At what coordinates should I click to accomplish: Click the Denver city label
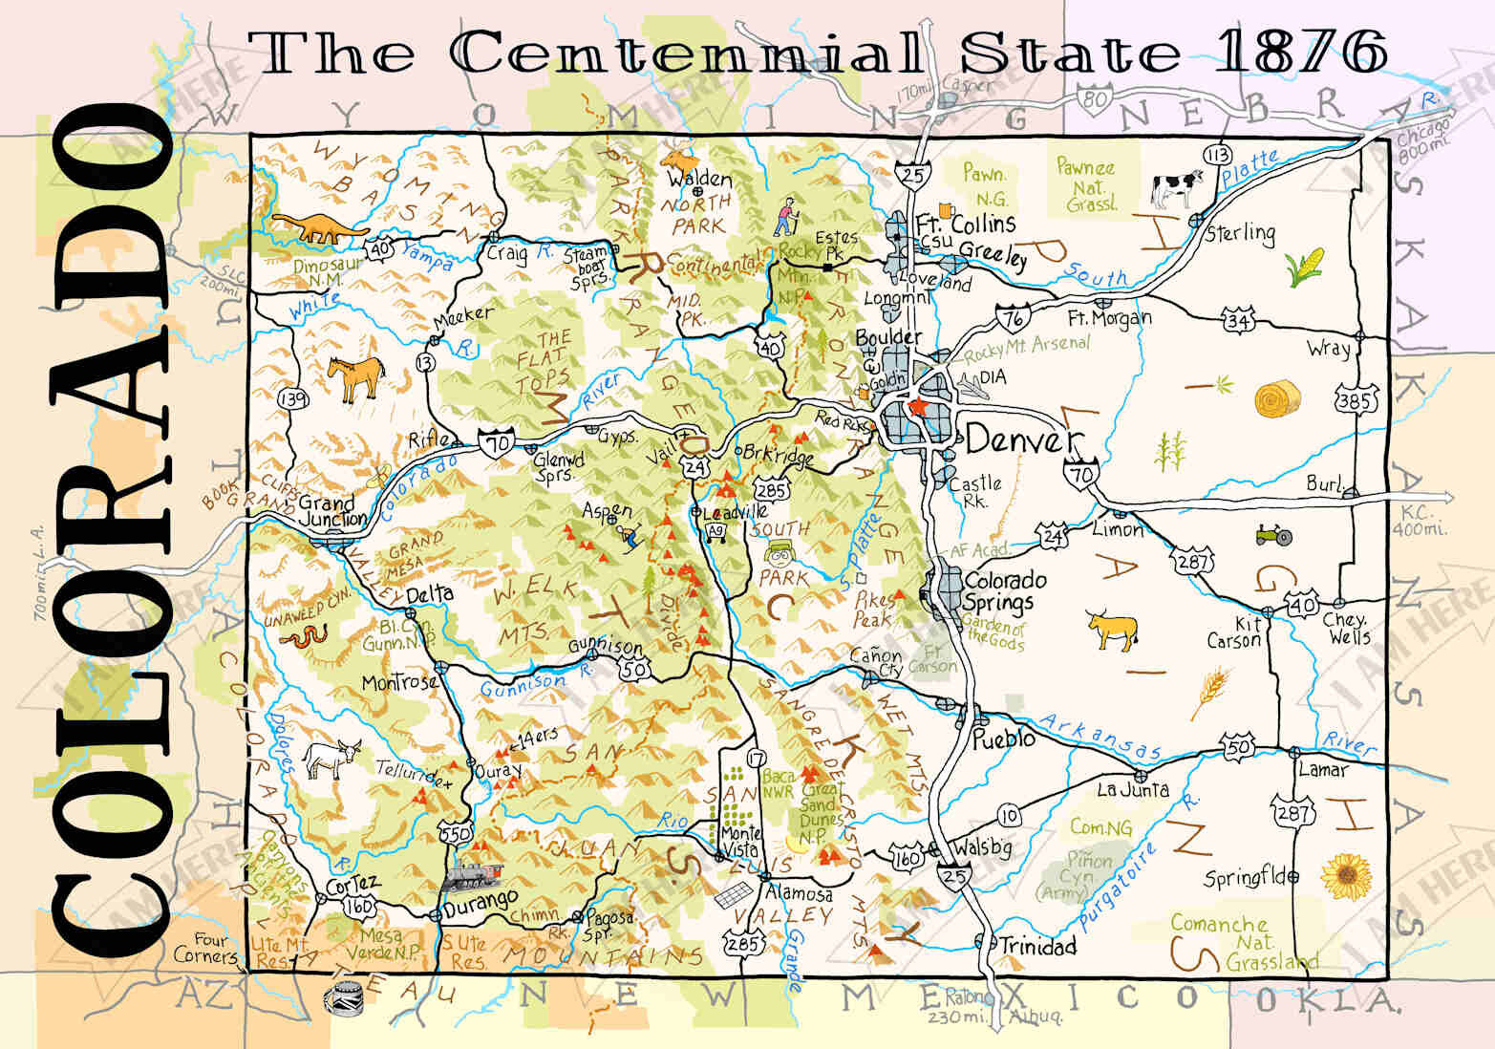[1020, 439]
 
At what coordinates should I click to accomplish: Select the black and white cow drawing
[1177, 186]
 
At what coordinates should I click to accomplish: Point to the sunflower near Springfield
[1344, 875]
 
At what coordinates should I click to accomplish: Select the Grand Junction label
[331, 511]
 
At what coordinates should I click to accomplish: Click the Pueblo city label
[1003, 739]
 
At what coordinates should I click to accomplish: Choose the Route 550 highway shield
[455, 833]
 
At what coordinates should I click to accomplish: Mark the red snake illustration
[308, 636]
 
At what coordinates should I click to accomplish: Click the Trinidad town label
[1036, 946]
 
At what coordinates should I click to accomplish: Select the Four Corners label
[205, 949]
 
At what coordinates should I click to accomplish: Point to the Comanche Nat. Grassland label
[1229, 942]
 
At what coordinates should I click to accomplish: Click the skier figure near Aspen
[627, 538]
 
